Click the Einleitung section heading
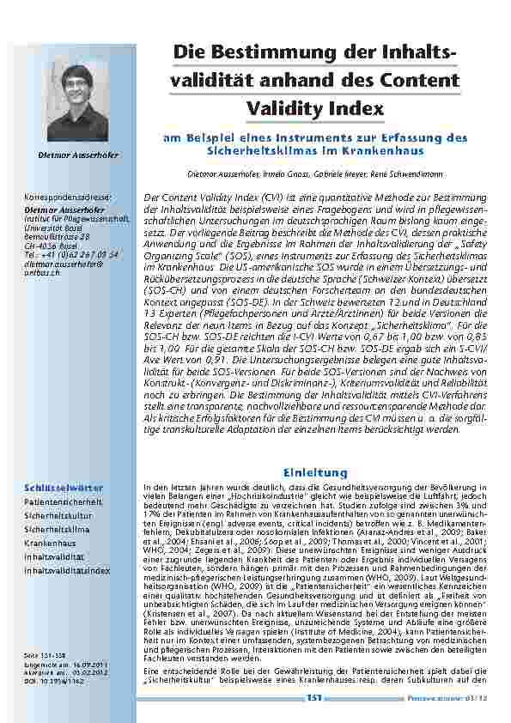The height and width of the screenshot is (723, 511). pos(314,472)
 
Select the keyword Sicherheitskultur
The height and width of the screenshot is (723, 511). pos(58,517)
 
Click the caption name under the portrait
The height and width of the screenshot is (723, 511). pos(78,155)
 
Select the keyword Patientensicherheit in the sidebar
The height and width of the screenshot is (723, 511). pos(63,502)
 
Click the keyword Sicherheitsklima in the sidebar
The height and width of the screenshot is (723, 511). pos(57,531)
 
